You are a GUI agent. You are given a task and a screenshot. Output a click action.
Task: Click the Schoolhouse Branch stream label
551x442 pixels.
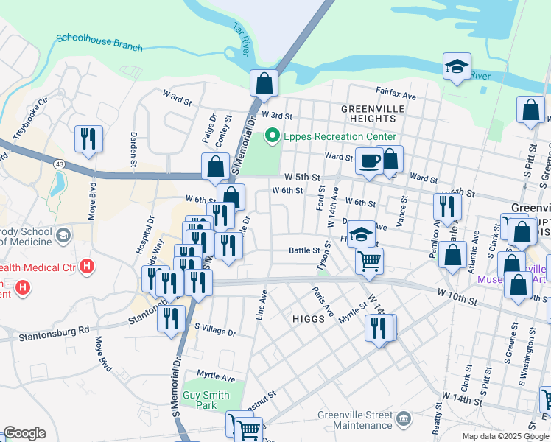click(x=99, y=42)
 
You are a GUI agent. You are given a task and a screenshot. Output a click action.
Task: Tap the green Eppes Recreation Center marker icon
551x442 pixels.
click(x=272, y=136)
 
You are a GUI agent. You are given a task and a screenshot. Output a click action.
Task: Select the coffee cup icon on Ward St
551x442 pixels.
click(x=369, y=160)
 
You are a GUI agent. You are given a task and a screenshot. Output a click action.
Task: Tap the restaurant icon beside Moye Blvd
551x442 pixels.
click(x=88, y=138)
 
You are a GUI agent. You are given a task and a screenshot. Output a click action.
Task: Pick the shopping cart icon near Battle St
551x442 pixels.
click(x=369, y=259)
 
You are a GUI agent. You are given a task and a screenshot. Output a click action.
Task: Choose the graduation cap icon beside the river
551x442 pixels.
click(x=457, y=66)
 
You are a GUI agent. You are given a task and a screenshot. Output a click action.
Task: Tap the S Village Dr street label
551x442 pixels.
click(x=214, y=332)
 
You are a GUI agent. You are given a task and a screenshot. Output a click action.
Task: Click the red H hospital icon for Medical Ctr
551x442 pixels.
click(x=87, y=264)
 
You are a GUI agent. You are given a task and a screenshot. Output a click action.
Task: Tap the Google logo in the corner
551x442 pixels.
click(x=24, y=433)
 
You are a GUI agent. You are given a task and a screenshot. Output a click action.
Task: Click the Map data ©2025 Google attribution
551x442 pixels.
click(x=505, y=436)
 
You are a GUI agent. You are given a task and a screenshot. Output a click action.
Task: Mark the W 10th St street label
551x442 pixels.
click(x=457, y=301)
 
